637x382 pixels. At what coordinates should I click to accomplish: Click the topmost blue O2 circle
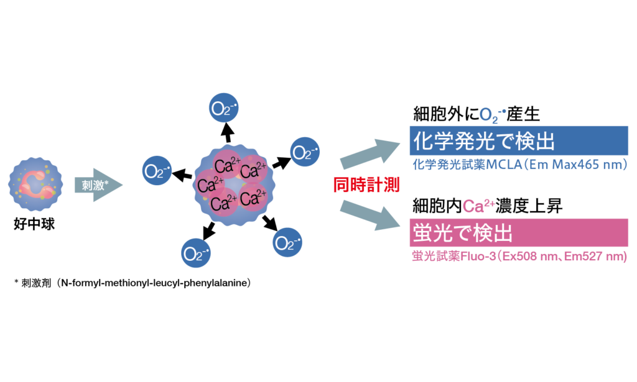[222, 110]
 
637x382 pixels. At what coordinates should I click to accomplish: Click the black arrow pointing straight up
[227, 132]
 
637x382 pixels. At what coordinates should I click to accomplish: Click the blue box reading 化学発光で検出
[518, 140]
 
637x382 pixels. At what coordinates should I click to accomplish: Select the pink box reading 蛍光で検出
[518, 234]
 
